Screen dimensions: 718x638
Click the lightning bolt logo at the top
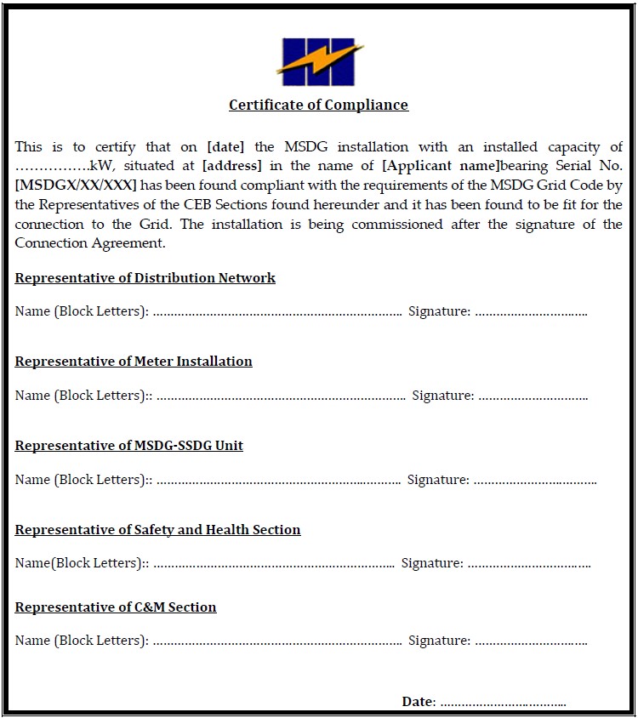click(319, 61)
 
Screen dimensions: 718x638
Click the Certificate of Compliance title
click(318, 105)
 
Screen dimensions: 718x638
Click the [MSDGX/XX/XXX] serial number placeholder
click(76, 185)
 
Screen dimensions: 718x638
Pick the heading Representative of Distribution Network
click(145, 278)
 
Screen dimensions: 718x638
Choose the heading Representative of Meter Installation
click(134, 362)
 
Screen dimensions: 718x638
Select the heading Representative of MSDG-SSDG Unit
click(129, 446)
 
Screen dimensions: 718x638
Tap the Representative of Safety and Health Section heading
click(157, 530)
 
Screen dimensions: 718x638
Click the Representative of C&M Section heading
click(116, 607)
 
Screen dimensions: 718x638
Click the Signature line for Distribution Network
click(531, 313)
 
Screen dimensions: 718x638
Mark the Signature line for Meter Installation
click(532, 397)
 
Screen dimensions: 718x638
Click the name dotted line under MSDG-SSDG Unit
click(278, 482)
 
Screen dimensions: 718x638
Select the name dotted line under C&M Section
click(276, 642)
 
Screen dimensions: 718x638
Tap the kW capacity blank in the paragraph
click(52, 167)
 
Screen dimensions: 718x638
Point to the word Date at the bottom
click(418, 702)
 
